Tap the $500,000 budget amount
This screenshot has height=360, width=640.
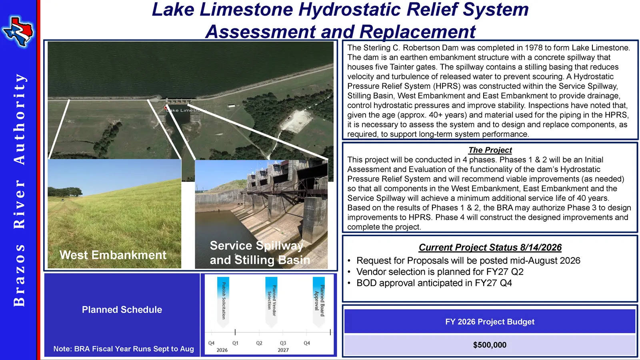click(x=490, y=345)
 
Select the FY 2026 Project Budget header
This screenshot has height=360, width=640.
click(x=490, y=322)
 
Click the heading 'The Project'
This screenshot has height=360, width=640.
click(x=490, y=150)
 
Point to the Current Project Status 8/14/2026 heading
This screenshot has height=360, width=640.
click(x=490, y=248)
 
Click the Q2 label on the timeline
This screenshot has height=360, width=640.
click(x=259, y=343)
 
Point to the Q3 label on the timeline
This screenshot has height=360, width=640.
click(x=283, y=343)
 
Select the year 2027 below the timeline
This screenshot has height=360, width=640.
click(x=283, y=350)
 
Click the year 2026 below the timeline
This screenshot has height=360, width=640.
click(x=222, y=350)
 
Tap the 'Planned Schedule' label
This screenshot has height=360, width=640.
click(x=122, y=310)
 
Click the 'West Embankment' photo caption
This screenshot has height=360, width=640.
click(x=113, y=255)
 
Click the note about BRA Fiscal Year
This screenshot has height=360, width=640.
click(x=124, y=349)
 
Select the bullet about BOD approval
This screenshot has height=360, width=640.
click(x=434, y=283)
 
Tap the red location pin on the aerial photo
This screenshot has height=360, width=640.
click(x=166, y=108)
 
